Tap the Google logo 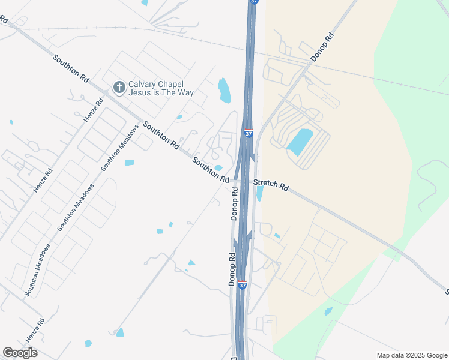[x=20, y=352]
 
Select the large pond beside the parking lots [x=300, y=142]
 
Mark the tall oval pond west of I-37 [x=224, y=90]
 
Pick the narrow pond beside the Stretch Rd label [x=259, y=193]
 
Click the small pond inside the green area [x=328, y=311]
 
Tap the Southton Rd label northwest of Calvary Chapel [x=71, y=69]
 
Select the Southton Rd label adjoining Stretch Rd [x=211, y=170]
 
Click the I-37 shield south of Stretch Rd [x=242, y=285]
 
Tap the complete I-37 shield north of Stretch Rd [x=249, y=133]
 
